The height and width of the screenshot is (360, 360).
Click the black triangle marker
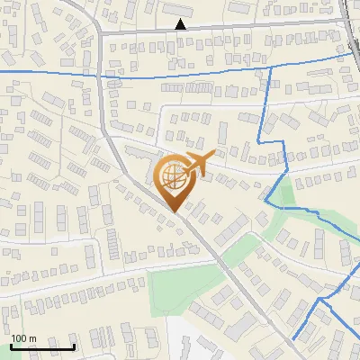[182, 24]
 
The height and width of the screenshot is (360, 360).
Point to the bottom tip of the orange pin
[173, 212]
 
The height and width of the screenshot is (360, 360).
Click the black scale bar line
[42, 346]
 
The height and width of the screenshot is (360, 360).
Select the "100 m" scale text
[23, 338]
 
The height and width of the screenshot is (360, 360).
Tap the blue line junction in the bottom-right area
[321, 298]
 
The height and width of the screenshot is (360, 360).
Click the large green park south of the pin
[184, 288]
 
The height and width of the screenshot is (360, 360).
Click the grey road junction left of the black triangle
[100, 32]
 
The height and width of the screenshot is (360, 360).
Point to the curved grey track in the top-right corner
[348, 27]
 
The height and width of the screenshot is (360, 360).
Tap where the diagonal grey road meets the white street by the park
[219, 262]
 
